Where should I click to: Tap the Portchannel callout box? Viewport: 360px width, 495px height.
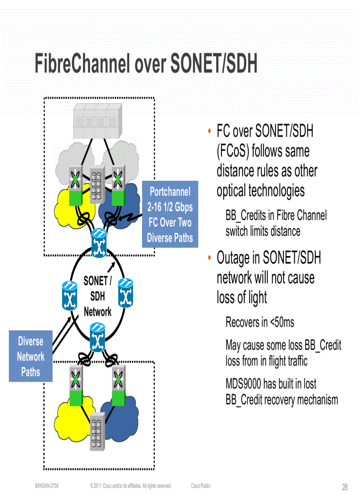[170, 215]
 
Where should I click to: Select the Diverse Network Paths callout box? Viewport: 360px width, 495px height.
[30, 356]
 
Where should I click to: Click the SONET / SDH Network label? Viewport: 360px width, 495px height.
[97, 296]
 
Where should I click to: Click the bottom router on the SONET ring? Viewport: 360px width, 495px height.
[97, 337]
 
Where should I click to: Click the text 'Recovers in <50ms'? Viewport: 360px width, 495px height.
[259, 322]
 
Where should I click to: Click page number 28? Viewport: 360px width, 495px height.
[345, 487]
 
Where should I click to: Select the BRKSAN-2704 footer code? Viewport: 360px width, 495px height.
[47, 486]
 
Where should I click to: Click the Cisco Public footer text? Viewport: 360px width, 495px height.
[201, 486]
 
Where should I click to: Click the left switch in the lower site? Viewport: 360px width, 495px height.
[77, 383]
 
